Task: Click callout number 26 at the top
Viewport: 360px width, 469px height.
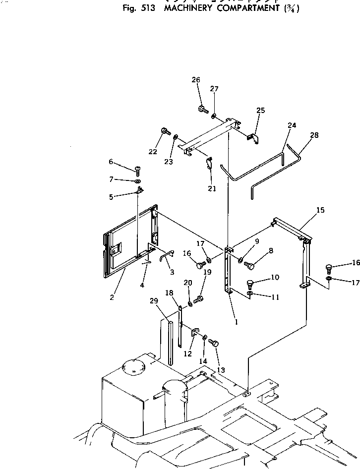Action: tap(196, 80)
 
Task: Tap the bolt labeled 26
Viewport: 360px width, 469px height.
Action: tap(202, 109)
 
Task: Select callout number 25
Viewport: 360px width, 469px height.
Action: tap(261, 111)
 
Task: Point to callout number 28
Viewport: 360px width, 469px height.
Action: tap(314, 135)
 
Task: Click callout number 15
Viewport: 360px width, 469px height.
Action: tap(320, 210)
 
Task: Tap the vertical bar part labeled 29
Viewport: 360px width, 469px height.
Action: tap(171, 342)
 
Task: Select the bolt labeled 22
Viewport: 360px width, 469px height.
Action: tap(165, 131)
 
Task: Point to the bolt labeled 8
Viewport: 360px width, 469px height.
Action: tap(249, 266)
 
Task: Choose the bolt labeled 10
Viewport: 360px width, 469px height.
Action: tap(250, 284)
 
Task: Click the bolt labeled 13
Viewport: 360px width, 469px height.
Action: tap(215, 343)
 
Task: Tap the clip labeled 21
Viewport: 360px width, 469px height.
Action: tap(209, 162)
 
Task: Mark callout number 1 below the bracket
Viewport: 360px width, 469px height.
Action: tap(236, 321)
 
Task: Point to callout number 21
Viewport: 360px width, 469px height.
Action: tap(212, 188)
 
